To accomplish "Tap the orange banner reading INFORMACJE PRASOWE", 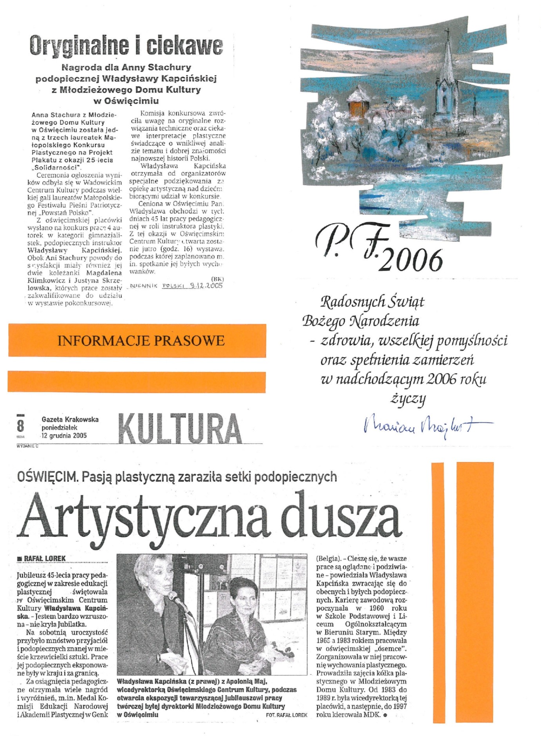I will (x=141, y=340).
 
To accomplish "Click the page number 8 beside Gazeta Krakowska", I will (x=20, y=426).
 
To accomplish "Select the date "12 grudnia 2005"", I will (x=64, y=436).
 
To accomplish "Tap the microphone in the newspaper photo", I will (x=175, y=599).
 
